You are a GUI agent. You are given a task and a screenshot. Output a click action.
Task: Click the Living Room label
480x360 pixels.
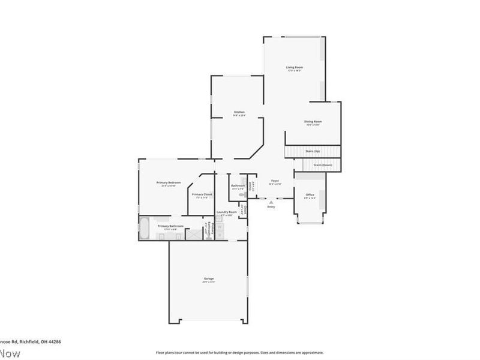tap(294, 67)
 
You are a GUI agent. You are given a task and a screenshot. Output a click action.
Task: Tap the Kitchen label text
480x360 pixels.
tap(239, 112)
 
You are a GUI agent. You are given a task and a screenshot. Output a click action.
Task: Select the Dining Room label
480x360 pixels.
tap(313, 121)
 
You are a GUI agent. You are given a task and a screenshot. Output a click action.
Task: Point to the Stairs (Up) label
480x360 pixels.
tap(313, 152)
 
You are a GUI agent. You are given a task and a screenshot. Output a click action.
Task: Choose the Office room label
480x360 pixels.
tap(310, 195)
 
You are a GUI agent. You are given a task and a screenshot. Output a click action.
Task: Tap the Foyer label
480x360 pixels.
tap(275, 181)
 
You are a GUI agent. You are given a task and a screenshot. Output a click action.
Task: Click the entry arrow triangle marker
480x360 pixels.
tap(271, 202)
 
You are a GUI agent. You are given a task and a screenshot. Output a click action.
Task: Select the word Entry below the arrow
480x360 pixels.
tap(271, 207)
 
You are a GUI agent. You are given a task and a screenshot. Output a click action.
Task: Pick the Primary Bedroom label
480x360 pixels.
tap(169, 182)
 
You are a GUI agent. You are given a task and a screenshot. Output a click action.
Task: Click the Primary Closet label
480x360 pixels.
tap(202, 194)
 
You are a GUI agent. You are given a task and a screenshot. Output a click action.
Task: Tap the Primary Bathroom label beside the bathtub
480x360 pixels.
tap(171, 226)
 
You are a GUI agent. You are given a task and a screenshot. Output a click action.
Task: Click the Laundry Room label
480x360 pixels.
tap(226, 212)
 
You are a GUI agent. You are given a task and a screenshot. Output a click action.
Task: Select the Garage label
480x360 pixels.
tap(208, 278)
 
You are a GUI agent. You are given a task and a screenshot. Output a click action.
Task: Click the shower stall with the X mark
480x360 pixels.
tap(194, 234)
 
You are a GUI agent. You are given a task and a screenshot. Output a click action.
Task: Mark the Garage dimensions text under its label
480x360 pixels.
tap(208, 282)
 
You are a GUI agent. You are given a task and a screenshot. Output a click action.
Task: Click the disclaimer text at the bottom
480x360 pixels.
tap(239, 353)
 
